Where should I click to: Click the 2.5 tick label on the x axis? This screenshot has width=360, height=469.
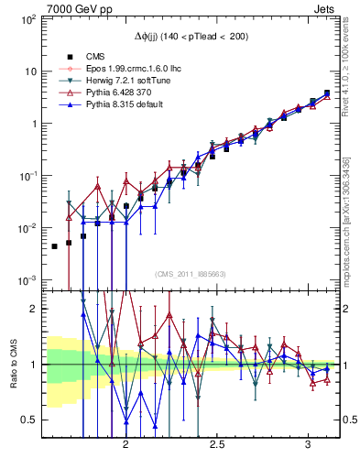pos(218,442)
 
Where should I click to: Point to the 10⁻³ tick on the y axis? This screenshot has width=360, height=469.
pos(27,279)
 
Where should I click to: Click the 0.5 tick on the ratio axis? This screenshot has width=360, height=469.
pos(29,420)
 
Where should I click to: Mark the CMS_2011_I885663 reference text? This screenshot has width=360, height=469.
pos(191,274)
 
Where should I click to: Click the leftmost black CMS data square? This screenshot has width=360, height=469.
pos(54,246)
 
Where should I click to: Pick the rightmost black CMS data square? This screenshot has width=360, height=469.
pos(327,93)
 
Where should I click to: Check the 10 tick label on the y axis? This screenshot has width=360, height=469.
pos(30,71)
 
